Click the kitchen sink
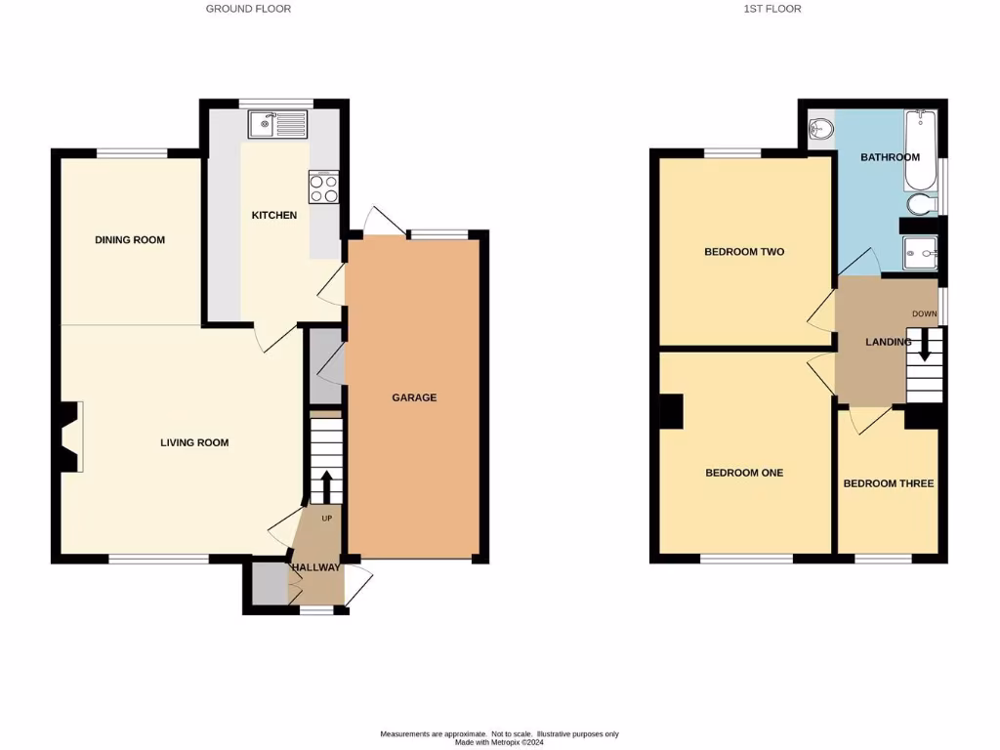[x=277, y=124]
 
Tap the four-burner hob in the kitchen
[x=323, y=187]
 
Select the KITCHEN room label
[x=274, y=215]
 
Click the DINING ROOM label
[x=130, y=240]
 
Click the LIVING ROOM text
[x=194, y=442]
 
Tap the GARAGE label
[x=414, y=397]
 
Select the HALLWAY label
[x=314, y=567]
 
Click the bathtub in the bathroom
[x=920, y=151]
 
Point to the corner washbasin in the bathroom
[x=821, y=128]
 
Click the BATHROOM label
[x=890, y=157]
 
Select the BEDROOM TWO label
[x=744, y=252]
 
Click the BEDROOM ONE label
[x=744, y=473]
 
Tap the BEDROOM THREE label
[x=889, y=483]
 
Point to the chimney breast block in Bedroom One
[x=671, y=411]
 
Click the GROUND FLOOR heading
[x=248, y=9]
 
